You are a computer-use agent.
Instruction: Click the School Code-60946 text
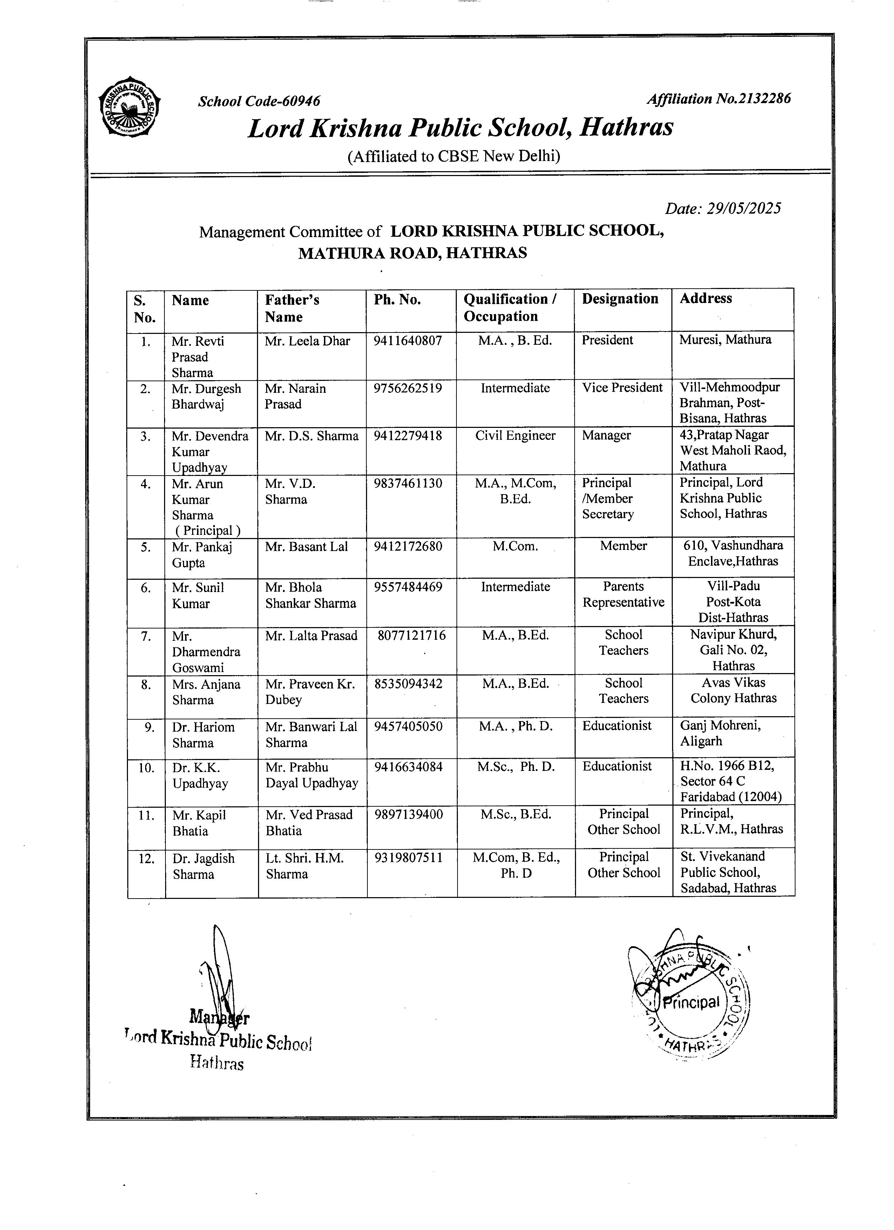point(259,101)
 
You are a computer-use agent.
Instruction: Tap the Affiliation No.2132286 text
point(718,99)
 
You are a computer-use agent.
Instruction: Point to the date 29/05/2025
point(723,209)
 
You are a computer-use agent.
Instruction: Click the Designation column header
point(620,299)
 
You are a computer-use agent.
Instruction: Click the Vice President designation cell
point(622,388)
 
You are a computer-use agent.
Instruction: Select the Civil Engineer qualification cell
point(515,436)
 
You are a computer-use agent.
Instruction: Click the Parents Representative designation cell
point(623,594)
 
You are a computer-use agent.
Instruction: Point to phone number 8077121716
point(412,635)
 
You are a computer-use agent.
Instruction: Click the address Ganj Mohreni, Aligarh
point(720,733)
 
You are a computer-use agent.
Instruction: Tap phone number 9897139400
point(408,815)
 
